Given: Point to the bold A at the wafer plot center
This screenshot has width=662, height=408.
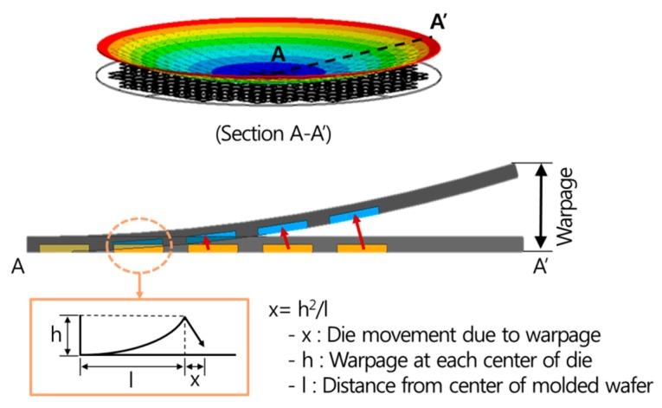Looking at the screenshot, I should pos(278,54).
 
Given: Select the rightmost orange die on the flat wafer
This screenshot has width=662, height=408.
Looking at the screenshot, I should pos(362,249).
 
